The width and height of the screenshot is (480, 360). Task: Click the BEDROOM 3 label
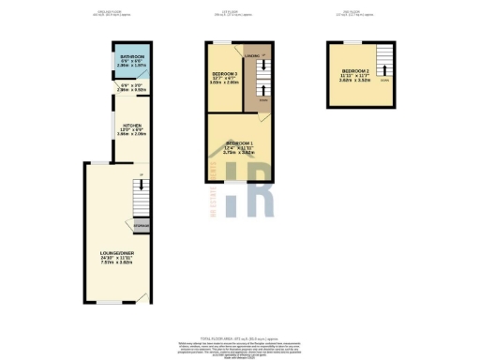click(x=222, y=73)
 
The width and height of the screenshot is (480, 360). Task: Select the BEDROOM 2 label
click(x=355, y=71)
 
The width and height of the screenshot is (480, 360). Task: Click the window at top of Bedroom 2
click(x=351, y=42)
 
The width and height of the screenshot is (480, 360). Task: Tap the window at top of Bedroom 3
click(x=221, y=42)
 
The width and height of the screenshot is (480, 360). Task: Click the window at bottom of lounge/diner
click(x=111, y=303)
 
